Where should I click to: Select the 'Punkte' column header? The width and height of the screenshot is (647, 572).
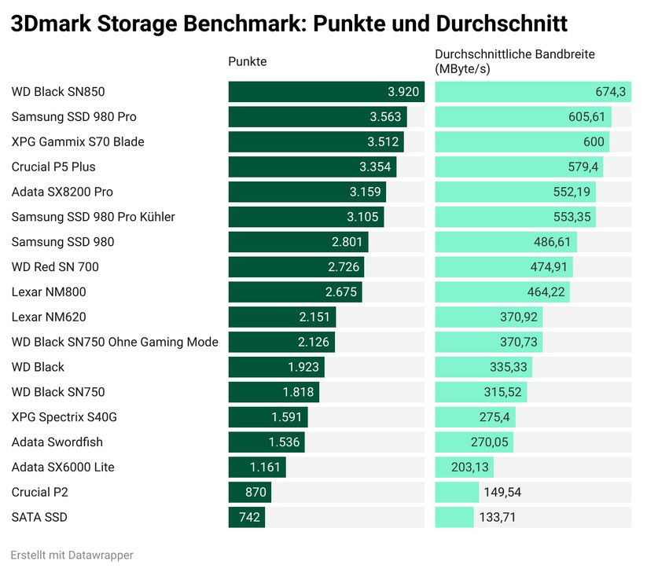pyautogui.click(x=247, y=62)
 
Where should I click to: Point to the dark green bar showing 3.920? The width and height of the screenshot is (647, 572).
pyautogui.click(x=325, y=92)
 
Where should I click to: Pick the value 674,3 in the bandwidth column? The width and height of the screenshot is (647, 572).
pyautogui.click(x=610, y=92)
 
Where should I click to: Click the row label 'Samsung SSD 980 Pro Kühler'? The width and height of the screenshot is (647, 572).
pyautogui.click(x=94, y=217)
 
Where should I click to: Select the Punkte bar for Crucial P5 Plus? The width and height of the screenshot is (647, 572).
pyautogui.click(x=312, y=167)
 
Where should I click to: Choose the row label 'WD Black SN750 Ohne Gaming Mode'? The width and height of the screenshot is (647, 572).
pyautogui.click(x=115, y=342)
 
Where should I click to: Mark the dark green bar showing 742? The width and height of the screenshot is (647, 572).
pyautogui.click(x=246, y=517)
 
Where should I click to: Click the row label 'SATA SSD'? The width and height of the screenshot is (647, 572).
pyautogui.click(x=40, y=517)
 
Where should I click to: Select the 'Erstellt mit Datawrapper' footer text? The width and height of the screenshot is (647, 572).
pyautogui.click(x=72, y=555)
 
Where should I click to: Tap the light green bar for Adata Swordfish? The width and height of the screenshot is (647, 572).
pyautogui.click(x=474, y=442)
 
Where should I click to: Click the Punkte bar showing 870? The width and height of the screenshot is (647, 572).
pyautogui.click(x=249, y=492)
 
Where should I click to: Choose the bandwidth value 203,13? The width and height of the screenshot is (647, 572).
pyautogui.click(x=470, y=467)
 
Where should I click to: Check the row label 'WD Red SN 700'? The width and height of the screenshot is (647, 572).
pyautogui.click(x=55, y=267)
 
